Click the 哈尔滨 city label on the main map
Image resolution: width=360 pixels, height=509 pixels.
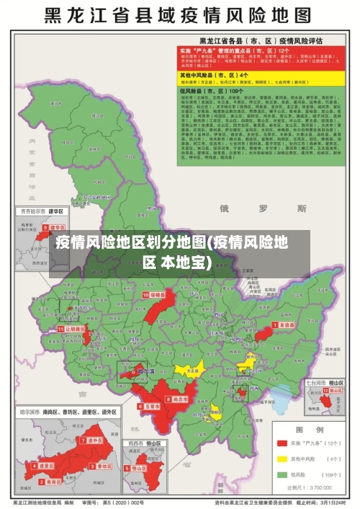click(146, 372)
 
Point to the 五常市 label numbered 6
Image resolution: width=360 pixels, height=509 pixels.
click(150, 407)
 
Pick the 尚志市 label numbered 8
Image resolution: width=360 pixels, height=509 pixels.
click(179, 399)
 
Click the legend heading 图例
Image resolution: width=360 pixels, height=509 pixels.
click(314, 430)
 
